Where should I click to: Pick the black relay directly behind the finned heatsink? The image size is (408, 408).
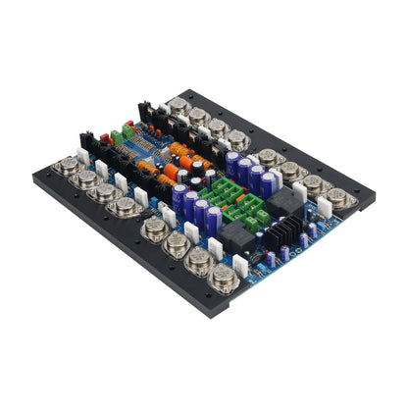(278, 202)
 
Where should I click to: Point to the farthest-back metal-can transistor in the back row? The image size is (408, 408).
(179, 105)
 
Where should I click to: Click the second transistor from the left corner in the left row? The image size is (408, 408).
(88, 179)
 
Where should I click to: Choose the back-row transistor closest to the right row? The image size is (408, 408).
(238, 139)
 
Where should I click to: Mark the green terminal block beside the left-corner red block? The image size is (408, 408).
(120, 138)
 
